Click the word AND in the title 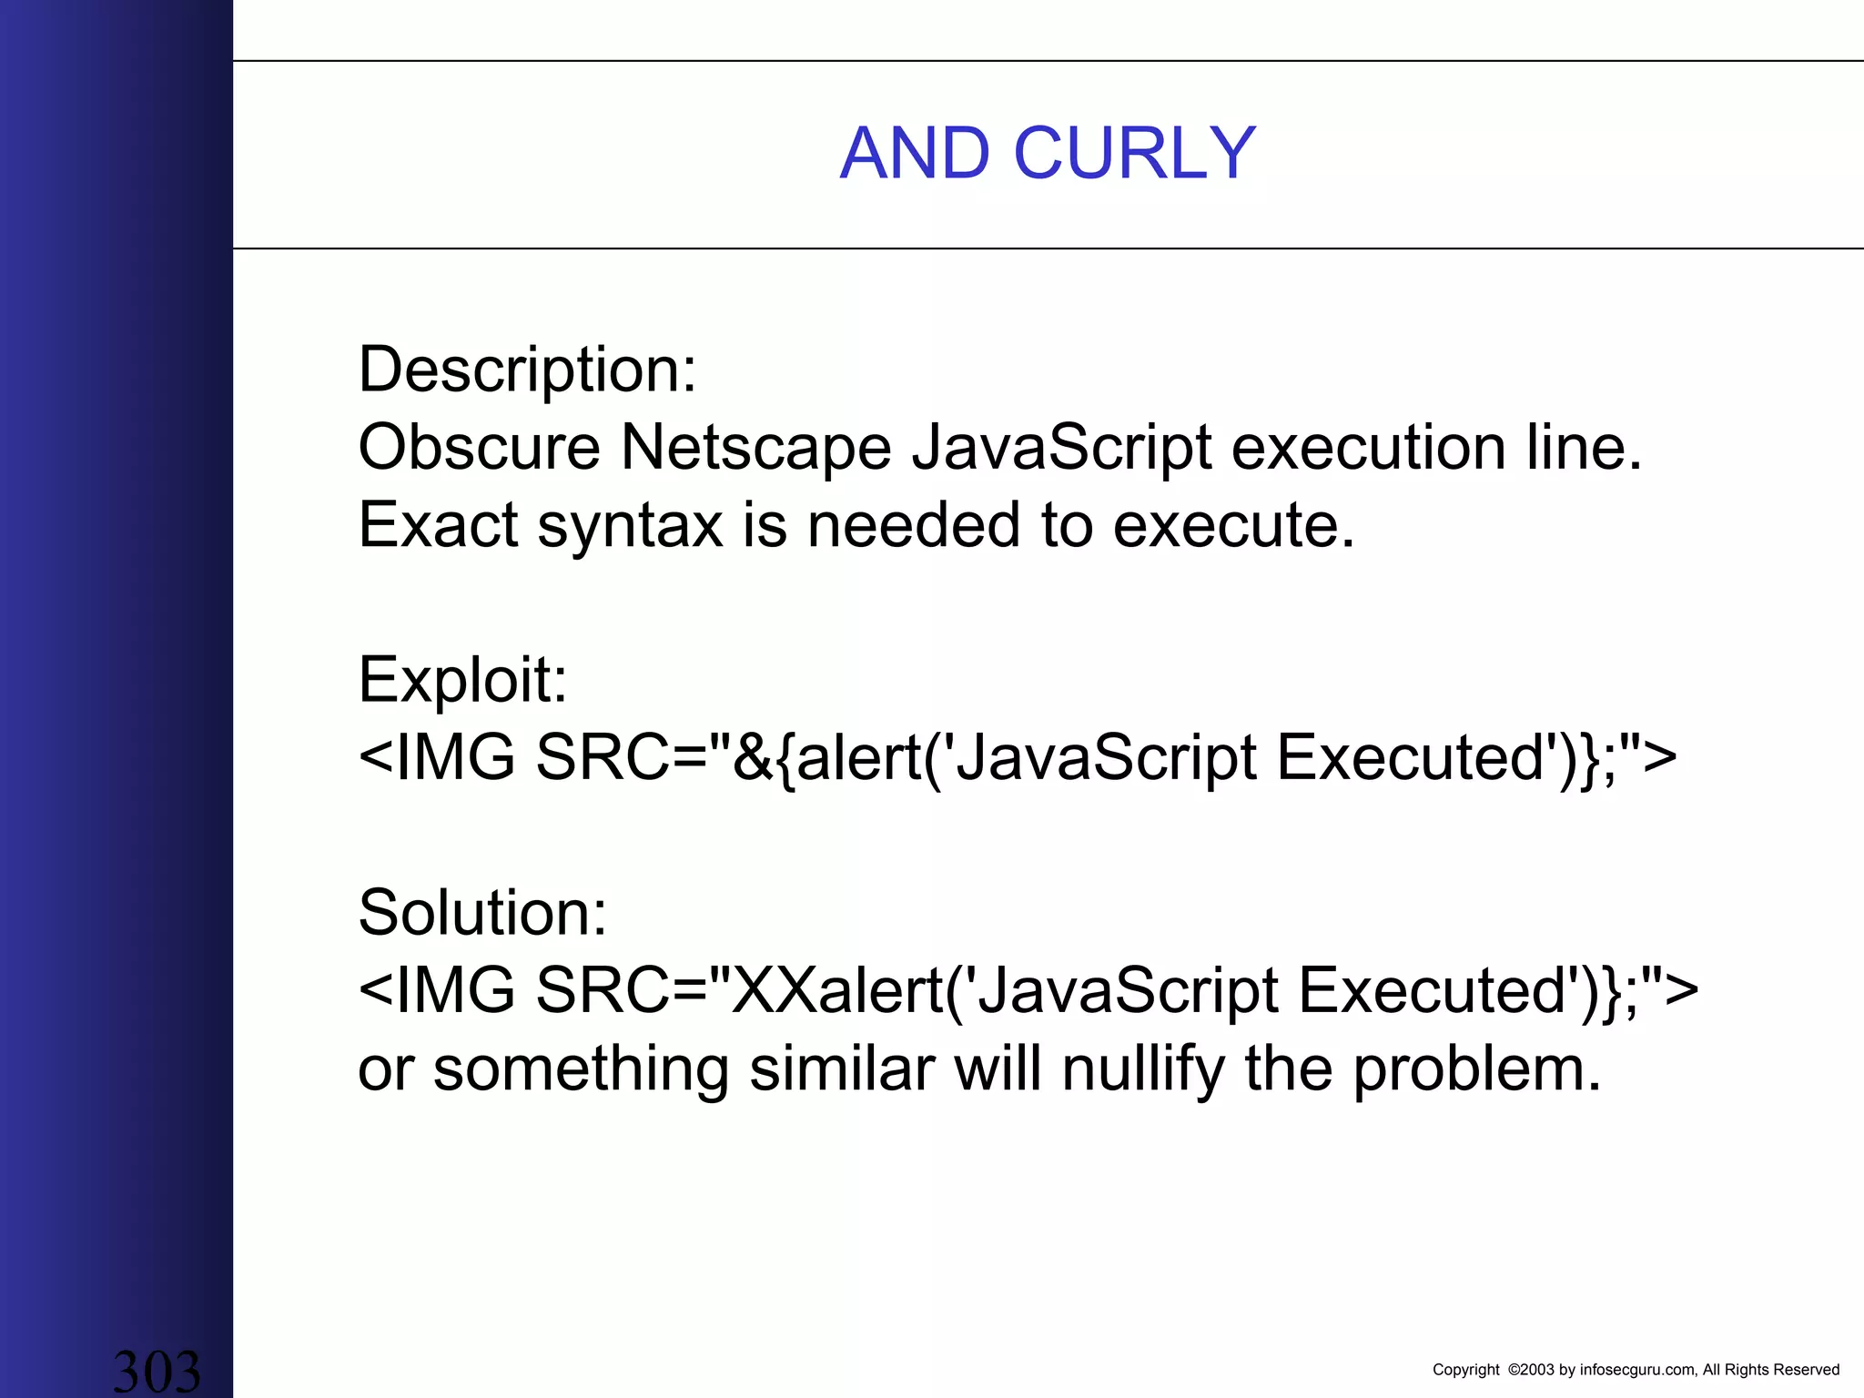coord(915,153)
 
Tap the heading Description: coord(527,370)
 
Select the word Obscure coord(479,448)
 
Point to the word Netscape coord(755,448)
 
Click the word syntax coord(630,525)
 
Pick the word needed coord(914,525)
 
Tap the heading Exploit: coord(462,680)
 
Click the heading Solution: coord(482,912)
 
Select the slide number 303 coord(157,1371)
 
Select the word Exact coord(438,525)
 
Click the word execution coord(1368,448)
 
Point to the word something coord(581,1069)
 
